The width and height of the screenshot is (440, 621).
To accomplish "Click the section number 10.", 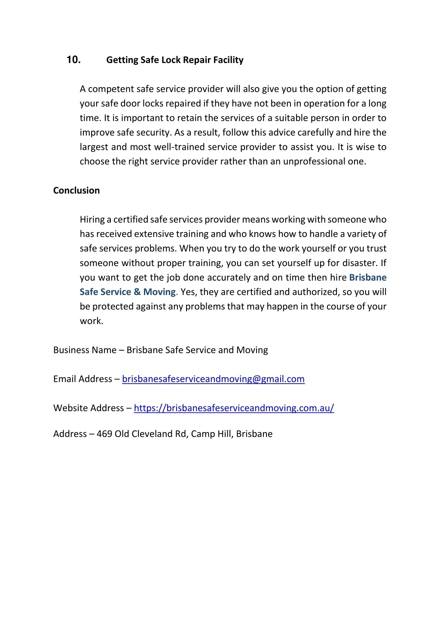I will pyautogui.click(x=73, y=60).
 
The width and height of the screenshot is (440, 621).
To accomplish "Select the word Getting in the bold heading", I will pyautogui.click(x=122, y=60).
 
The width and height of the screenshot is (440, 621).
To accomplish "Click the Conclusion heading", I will pyautogui.click(x=76, y=191).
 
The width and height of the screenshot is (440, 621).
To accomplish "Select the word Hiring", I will pyautogui.click(x=92, y=220).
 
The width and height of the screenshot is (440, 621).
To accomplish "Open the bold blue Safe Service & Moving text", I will pyautogui.click(x=128, y=292).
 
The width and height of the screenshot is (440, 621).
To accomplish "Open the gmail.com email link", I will pyautogui.click(x=213, y=379).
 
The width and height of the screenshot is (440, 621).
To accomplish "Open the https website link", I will pyautogui.click(x=234, y=408).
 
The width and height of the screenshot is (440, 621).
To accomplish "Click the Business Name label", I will pyautogui.click(x=85, y=350).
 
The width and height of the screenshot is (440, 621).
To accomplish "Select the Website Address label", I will pyautogui.click(x=89, y=408).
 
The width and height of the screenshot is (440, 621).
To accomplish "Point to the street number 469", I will pyautogui.click(x=104, y=434).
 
